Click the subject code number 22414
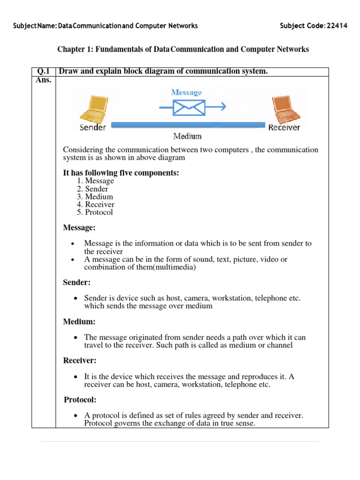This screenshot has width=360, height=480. (x=335, y=26)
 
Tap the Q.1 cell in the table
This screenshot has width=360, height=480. (x=44, y=71)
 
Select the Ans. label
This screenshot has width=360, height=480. (x=43, y=80)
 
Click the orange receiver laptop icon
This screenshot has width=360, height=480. (x=284, y=109)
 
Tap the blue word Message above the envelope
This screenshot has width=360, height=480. (x=187, y=92)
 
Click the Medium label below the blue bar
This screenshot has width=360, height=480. (x=187, y=136)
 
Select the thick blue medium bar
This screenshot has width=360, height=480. (x=187, y=125)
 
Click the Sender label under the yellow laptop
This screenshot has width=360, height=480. (x=93, y=127)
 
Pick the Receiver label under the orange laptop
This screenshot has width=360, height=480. (x=284, y=127)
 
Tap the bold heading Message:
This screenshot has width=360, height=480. (x=79, y=228)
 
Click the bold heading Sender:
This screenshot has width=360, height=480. (x=77, y=283)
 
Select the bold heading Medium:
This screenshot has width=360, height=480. (x=79, y=322)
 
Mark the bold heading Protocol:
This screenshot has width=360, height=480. (x=80, y=400)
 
